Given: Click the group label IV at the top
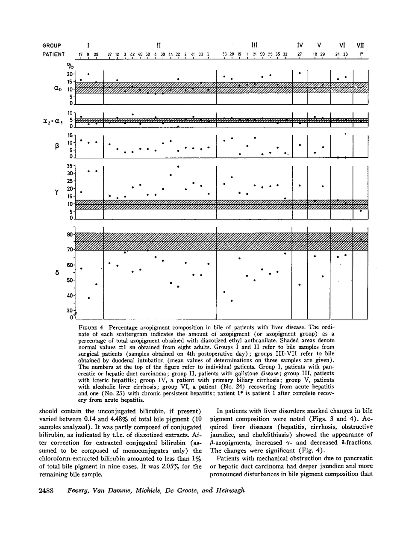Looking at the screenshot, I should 300,45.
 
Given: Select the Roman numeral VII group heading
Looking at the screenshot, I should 360,45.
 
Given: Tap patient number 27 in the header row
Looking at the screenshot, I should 300,54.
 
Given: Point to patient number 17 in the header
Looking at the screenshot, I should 80,54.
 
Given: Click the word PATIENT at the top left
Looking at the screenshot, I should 53,54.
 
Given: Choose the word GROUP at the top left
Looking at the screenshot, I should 51,45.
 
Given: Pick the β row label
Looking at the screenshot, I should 56,145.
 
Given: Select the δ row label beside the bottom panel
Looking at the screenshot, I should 56,272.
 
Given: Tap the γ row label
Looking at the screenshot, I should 56,193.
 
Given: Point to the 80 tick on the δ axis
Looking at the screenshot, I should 70,235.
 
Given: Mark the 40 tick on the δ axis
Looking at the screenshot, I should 70,295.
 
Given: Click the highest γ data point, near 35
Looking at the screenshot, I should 178,166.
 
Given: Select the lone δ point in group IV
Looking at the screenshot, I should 300,285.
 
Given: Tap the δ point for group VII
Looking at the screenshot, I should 361,239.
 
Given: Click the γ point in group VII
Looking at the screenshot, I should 361,211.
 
